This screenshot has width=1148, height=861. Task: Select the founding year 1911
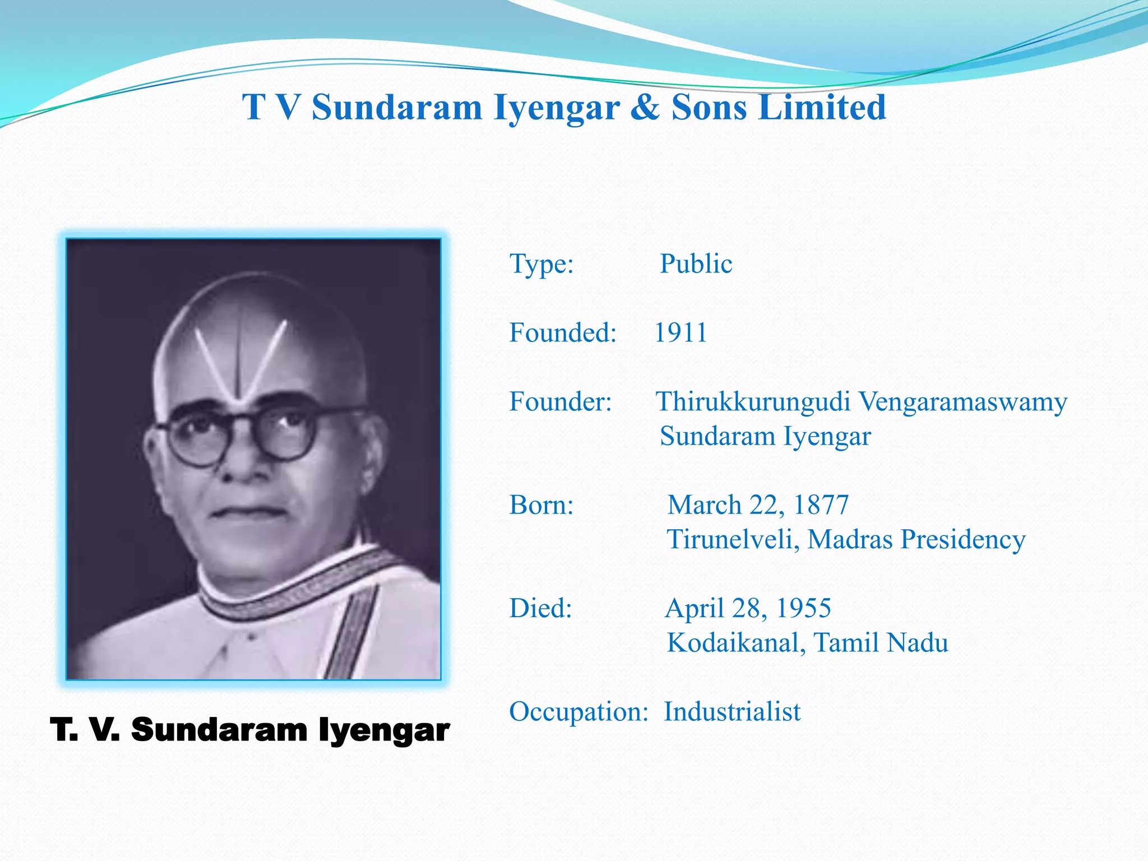[x=681, y=332]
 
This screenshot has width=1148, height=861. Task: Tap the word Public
[x=696, y=263]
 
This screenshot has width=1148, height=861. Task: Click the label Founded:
[x=563, y=332]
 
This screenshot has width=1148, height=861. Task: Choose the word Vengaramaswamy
[x=963, y=402]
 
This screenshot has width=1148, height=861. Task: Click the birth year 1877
[x=821, y=504]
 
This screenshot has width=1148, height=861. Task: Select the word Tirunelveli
[x=733, y=539]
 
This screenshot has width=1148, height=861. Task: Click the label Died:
[x=540, y=608]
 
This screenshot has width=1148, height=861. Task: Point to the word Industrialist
[x=732, y=712]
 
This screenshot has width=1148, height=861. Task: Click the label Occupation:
[x=578, y=712]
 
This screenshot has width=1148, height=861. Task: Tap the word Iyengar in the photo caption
[x=384, y=731]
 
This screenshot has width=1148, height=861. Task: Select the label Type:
[x=541, y=264]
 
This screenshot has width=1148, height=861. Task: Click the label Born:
[x=541, y=505]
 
